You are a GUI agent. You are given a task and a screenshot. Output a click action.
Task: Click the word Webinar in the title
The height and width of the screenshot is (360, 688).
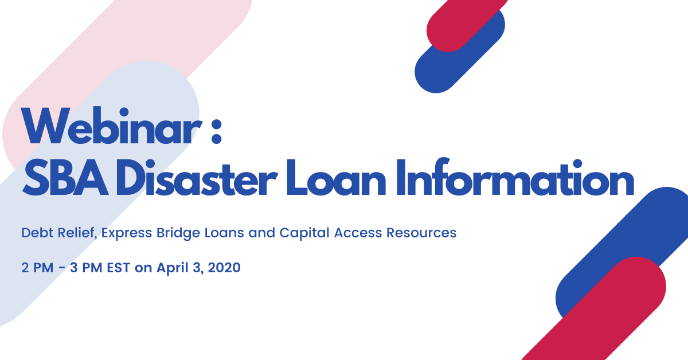click(x=112, y=126)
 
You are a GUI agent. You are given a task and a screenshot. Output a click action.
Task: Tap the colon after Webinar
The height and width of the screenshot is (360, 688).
click(x=217, y=131)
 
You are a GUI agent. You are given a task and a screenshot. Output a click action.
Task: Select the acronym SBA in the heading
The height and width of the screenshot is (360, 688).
click(x=65, y=178)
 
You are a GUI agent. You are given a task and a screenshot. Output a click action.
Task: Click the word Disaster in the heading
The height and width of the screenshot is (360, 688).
click(x=196, y=178)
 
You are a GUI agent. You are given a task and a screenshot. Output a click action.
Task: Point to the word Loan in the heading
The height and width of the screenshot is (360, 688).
click(x=336, y=178)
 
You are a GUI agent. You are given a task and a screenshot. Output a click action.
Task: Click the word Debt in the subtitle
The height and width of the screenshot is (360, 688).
click(x=37, y=233)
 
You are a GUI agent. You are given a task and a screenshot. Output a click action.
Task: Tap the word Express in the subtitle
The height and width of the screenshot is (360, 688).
click(x=127, y=233)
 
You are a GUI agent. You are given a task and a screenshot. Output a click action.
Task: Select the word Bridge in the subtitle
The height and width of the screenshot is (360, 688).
click(x=178, y=233)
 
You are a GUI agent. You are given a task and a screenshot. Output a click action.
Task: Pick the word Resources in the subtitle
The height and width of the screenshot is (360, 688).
click(x=421, y=233)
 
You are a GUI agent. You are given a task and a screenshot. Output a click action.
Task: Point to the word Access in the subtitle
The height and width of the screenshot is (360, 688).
click(x=358, y=233)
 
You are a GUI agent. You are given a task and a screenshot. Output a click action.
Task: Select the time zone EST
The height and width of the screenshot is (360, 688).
click(x=119, y=268)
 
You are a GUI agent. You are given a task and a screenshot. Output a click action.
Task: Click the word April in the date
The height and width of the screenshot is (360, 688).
click(x=173, y=268)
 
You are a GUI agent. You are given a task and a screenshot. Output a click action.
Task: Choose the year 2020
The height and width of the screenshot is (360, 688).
click(x=224, y=268)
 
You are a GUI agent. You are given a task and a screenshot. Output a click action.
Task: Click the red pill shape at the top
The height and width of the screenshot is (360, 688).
click(x=466, y=25)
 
